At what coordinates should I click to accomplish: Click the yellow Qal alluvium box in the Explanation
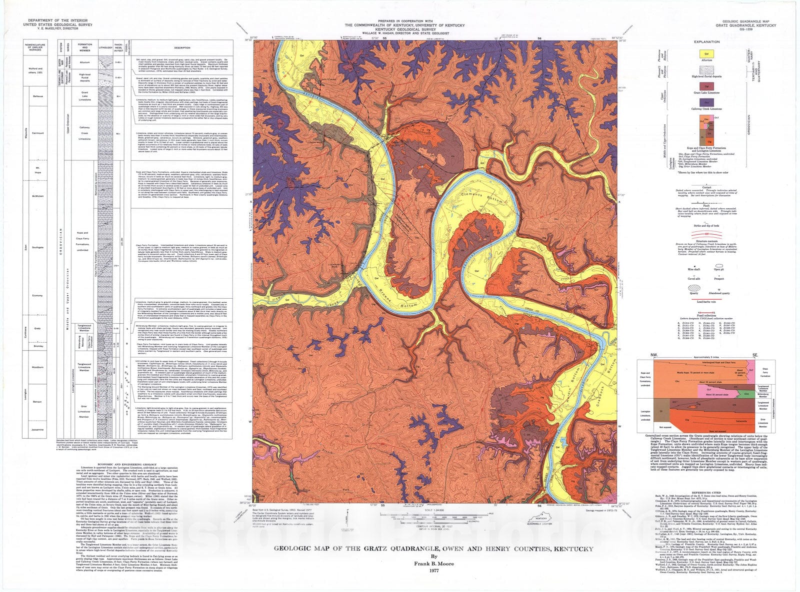click(706, 52)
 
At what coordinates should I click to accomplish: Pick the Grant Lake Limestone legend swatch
click(706, 86)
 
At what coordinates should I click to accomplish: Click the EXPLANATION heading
click(707, 42)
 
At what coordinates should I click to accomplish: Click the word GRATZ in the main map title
click(379, 549)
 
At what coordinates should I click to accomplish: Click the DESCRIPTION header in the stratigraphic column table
click(182, 48)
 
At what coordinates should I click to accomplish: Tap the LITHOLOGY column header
click(106, 48)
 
